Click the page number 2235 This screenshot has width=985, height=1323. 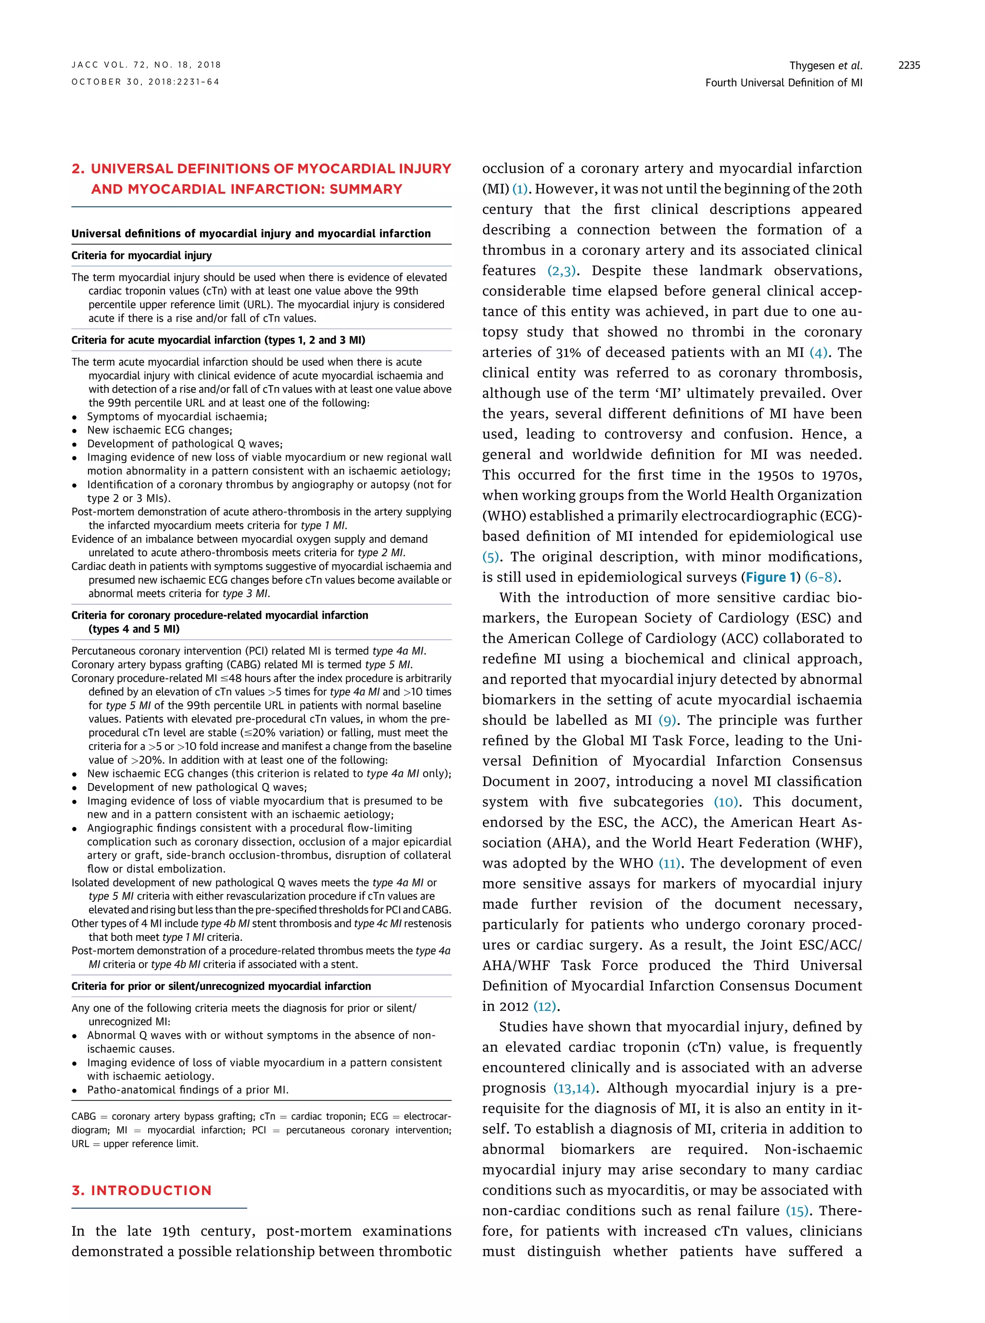909,65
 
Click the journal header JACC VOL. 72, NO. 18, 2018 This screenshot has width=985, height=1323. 146,65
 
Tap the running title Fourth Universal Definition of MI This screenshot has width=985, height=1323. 783,83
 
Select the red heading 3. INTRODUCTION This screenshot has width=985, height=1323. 142,1190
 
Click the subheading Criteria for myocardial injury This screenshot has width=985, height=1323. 141,256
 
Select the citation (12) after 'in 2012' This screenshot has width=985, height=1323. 545,1007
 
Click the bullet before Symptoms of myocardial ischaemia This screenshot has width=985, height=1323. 75,417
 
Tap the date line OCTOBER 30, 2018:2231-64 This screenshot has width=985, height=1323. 145,82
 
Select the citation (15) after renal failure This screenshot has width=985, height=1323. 797,1211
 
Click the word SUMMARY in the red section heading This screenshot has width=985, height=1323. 366,189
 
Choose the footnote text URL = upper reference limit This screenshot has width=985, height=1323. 135,1144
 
